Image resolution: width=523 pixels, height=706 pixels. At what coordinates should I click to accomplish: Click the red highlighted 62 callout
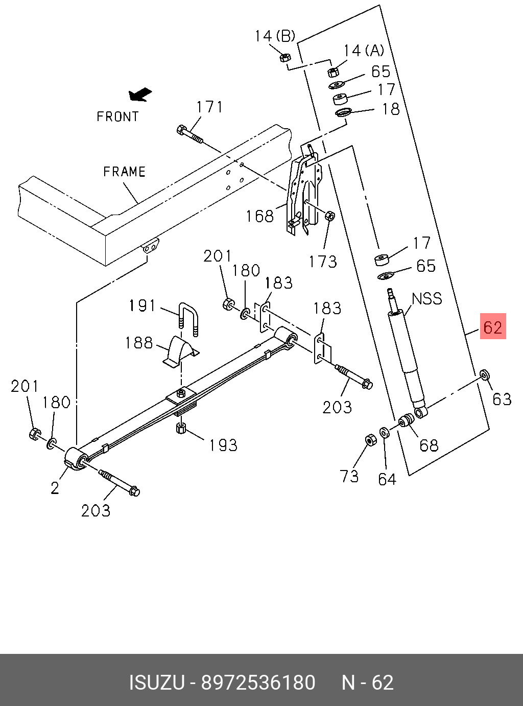492,326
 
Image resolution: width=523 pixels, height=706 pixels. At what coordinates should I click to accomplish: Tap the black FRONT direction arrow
140,95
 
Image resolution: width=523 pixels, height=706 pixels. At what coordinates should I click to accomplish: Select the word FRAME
125,172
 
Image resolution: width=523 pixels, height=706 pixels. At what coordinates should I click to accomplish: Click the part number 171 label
209,107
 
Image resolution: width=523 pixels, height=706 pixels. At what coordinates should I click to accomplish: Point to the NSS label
427,298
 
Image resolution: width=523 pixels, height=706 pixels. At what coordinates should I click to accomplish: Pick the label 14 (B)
275,36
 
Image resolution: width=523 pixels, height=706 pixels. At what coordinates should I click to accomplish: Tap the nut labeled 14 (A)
333,72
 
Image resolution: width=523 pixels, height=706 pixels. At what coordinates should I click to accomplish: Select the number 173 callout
323,262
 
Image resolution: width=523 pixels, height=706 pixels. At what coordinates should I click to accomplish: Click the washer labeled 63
484,375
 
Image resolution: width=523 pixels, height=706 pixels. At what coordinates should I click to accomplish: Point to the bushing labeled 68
407,421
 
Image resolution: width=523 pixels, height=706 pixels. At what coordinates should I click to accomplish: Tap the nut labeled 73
371,440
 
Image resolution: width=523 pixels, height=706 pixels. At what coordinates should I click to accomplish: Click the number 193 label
223,445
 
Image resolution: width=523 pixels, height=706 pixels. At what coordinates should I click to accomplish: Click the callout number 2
55,488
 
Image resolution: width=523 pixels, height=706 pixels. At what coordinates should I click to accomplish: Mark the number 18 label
391,109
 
